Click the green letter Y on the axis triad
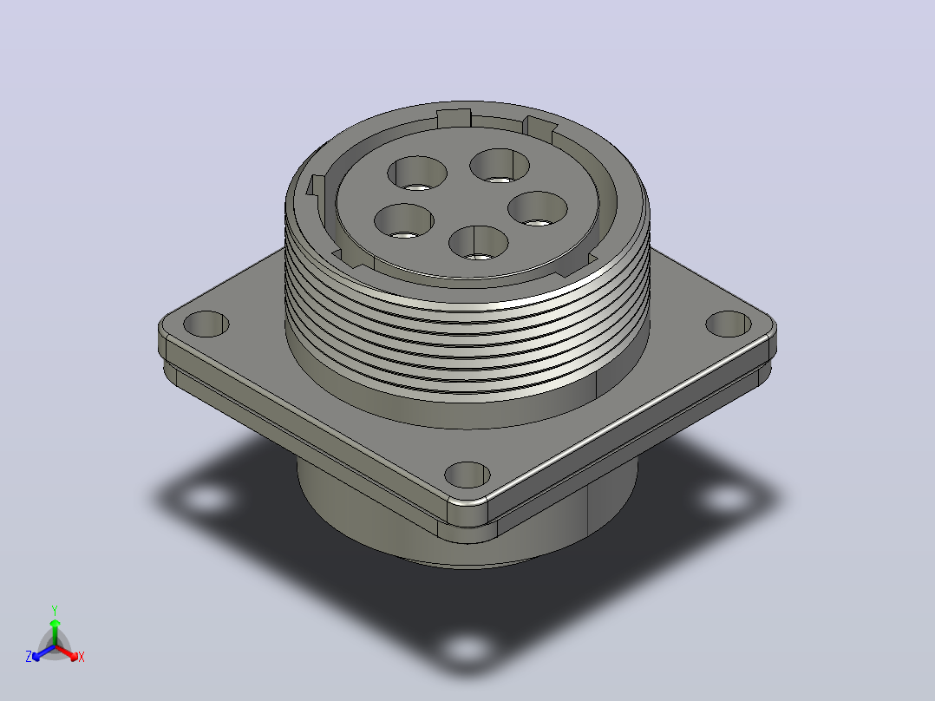click(x=55, y=610)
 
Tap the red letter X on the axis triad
click(x=82, y=657)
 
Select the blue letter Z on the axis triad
click(x=29, y=657)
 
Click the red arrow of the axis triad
click(x=67, y=652)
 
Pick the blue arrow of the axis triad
click(x=43, y=652)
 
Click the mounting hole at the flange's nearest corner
click(x=467, y=475)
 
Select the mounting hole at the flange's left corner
click(x=206, y=324)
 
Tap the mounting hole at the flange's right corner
click(x=728, y=324)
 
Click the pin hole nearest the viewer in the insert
click(x=478, y=243)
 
